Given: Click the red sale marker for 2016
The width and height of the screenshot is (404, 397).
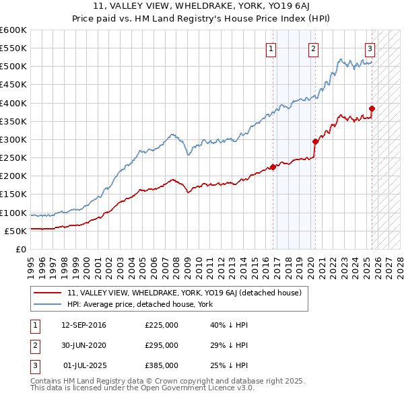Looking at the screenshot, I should pos(273,167).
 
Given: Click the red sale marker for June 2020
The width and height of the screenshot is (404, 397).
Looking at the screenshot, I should pos(315,141).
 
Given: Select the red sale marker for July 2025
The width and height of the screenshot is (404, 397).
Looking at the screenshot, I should pos(372,108).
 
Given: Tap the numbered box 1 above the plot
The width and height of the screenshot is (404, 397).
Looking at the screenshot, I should pos(271,48).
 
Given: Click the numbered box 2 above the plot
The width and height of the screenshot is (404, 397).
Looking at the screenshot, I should pos(314,48).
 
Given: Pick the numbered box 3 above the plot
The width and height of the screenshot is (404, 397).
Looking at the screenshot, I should pos(370,48).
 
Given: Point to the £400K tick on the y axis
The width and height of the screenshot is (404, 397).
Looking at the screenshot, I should pos(13,103).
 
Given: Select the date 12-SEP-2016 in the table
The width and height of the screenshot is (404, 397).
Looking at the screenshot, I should pos(83,325).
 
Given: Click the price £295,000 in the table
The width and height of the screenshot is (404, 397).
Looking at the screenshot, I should pos(162,345).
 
